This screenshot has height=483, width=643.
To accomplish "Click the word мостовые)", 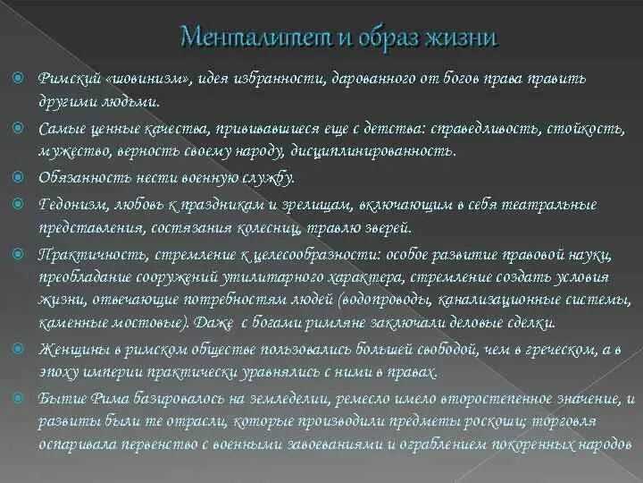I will pyautogui.click(x=148, y=321).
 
